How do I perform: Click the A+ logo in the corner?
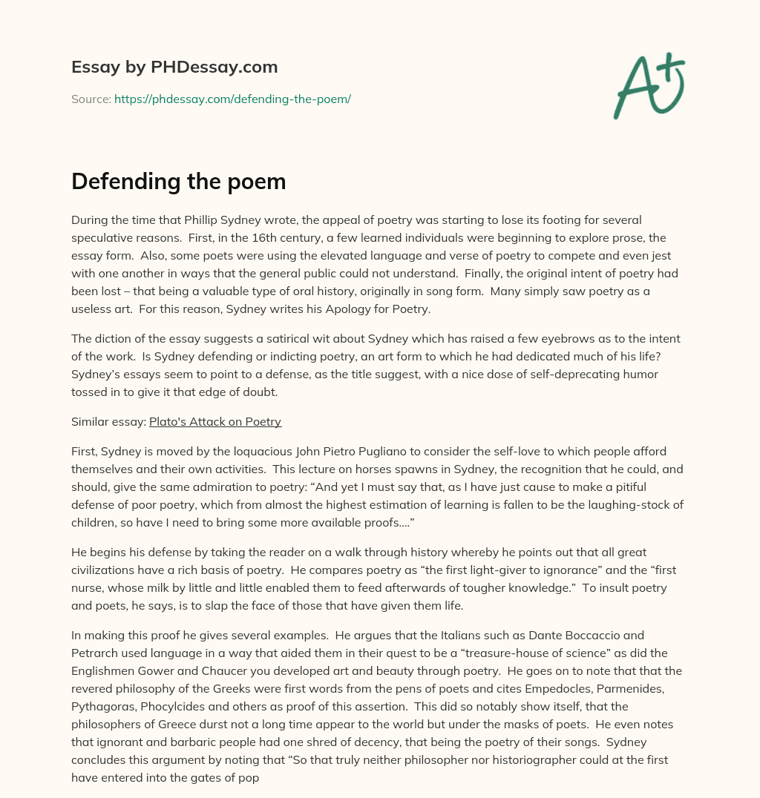(648, 85)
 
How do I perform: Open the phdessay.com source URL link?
(232, 99)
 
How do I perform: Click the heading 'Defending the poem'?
(178, 182)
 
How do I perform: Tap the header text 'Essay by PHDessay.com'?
(174, 67)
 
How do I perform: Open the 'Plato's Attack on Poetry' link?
(215, 422)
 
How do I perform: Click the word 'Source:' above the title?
(91, 99)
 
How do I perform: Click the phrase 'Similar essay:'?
(108, 422)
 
